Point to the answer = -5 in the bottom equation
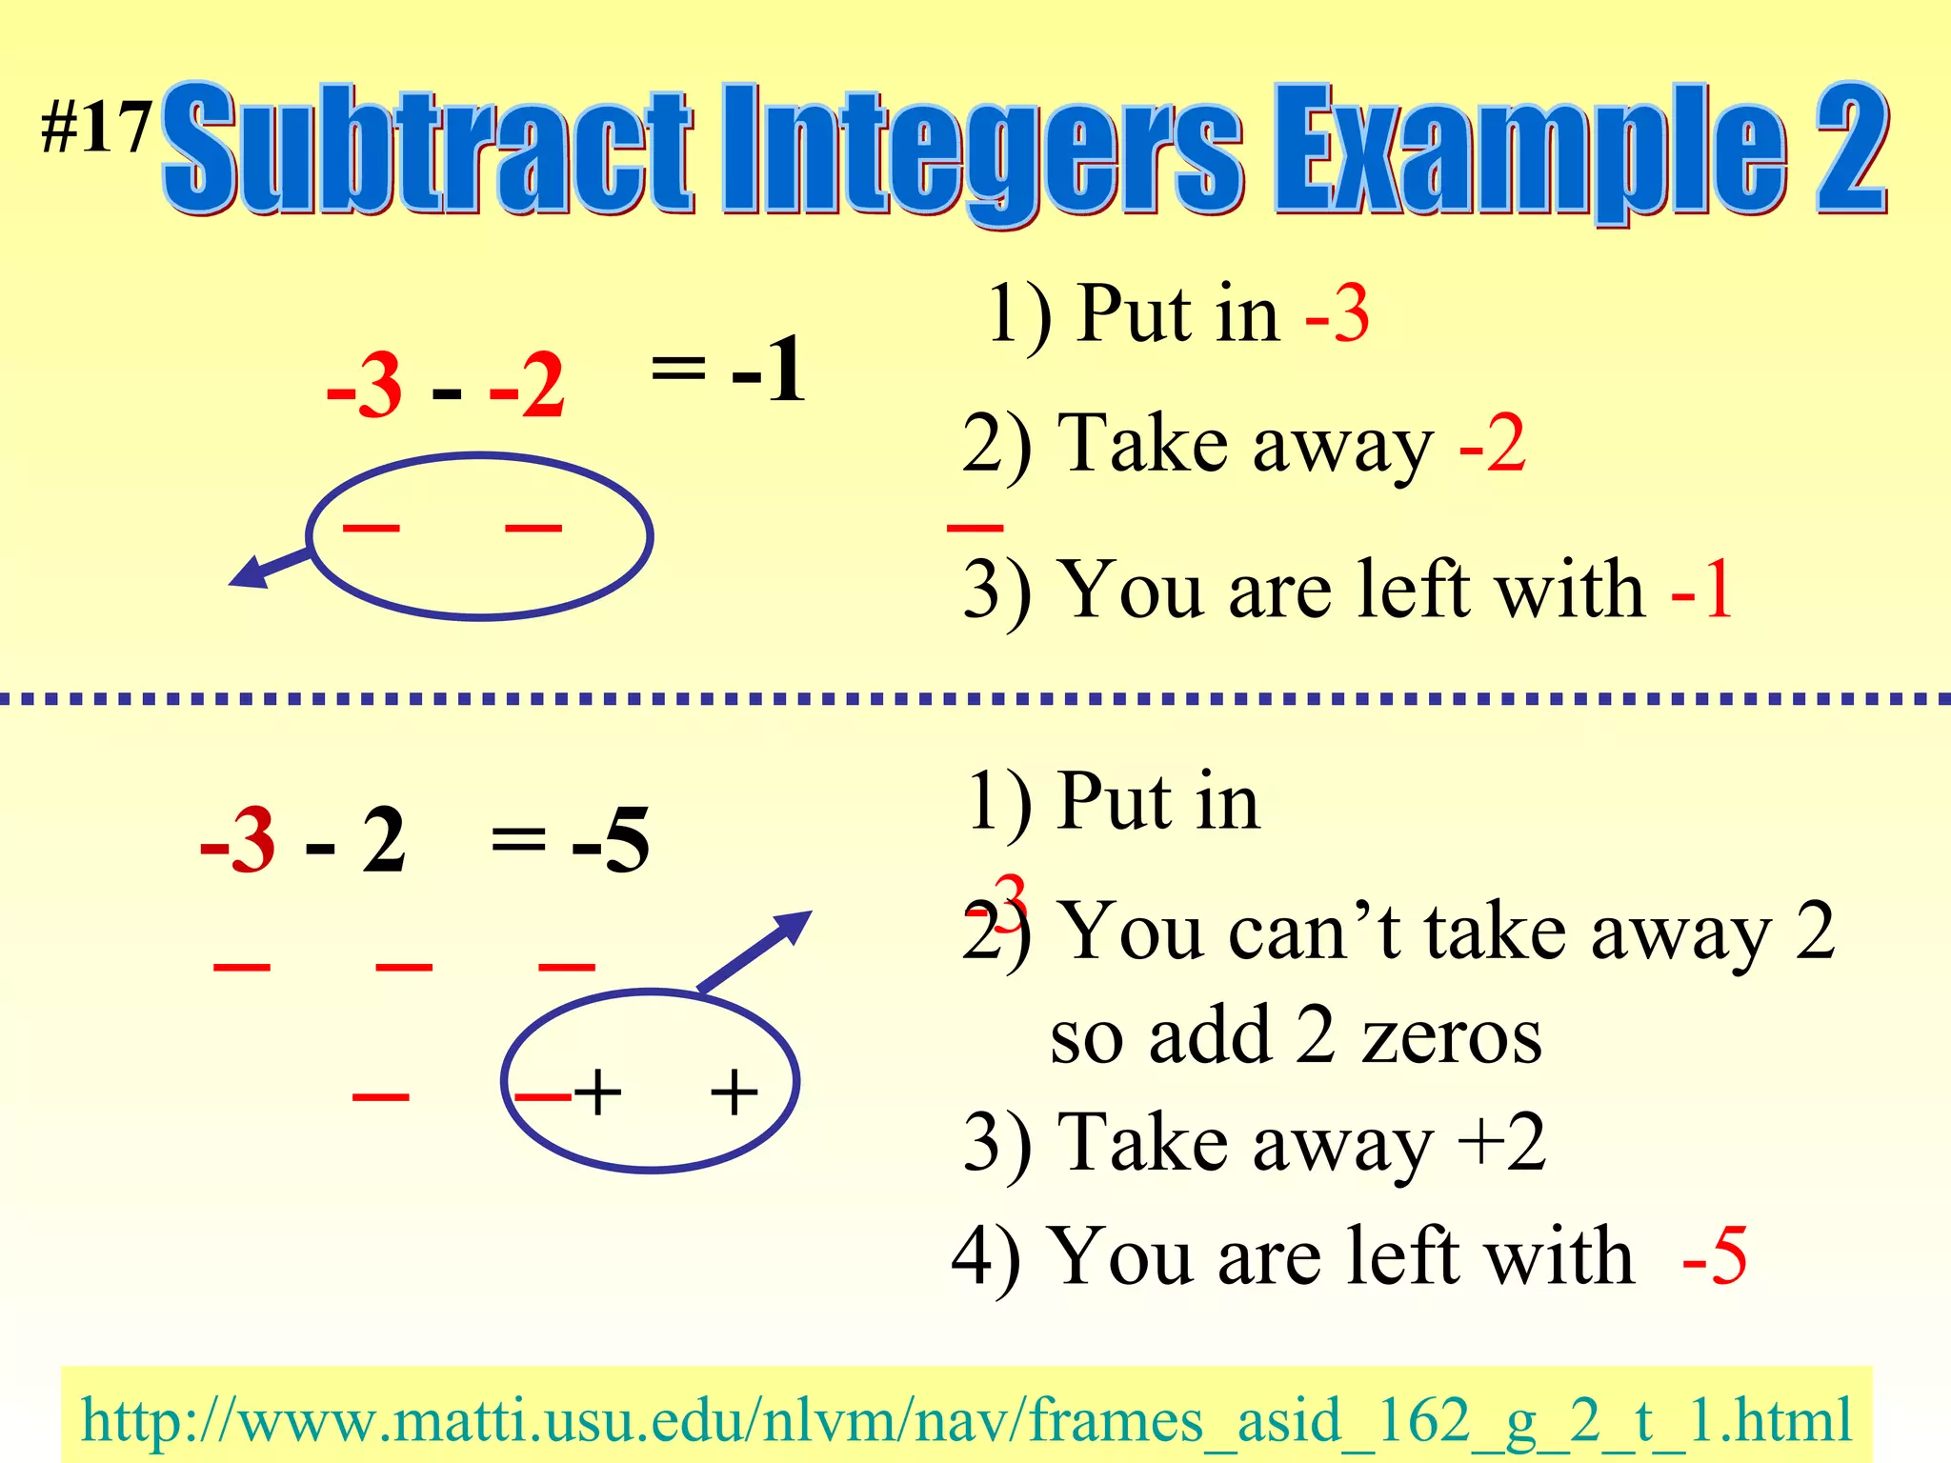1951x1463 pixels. tap(571, 839)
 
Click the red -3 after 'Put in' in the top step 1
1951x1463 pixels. tap(1338, 314)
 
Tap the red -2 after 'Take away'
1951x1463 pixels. tap(1492, 444)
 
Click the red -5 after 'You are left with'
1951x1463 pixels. tap(1714, 1256)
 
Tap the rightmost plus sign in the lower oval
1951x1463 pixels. tap(734, 1092)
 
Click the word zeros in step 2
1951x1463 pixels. tap(1452, 1036)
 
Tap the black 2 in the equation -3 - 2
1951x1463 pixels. tap(384, 840)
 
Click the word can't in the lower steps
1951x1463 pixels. tap(1314, 932)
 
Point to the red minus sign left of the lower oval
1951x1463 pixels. tap(380, 1096)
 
